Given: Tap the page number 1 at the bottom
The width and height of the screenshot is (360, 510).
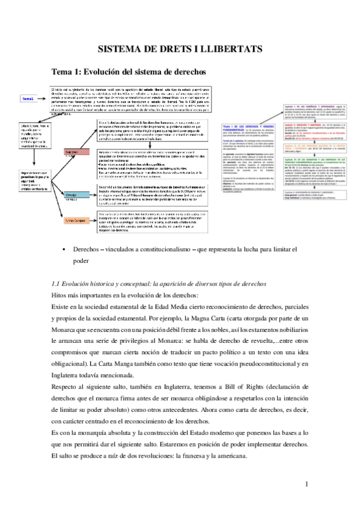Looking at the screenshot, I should (306, 483).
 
